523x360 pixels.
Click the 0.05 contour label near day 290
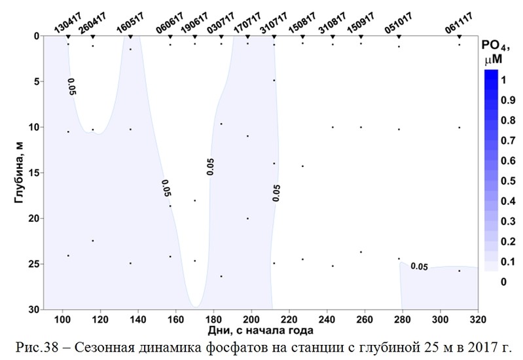[x=419, y=267]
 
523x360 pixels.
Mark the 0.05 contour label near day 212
[x=276, y=192]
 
